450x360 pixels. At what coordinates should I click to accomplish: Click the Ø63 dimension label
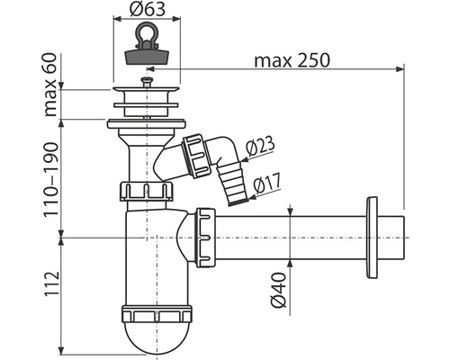click(148, 10)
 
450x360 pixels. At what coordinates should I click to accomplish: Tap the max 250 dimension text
click(292, 60)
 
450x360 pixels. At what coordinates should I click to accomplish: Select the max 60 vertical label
click(50, 85)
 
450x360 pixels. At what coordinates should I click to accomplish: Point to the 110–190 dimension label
click(50, 179)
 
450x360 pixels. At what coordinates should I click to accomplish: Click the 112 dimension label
click(51, 284)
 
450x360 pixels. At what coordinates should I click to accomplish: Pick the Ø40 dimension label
click(278, 290)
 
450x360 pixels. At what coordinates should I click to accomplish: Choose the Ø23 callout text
click(260, 146)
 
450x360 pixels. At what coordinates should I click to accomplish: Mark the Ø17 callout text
click(267, 183)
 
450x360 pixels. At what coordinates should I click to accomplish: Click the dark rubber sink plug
click(147, 57)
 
